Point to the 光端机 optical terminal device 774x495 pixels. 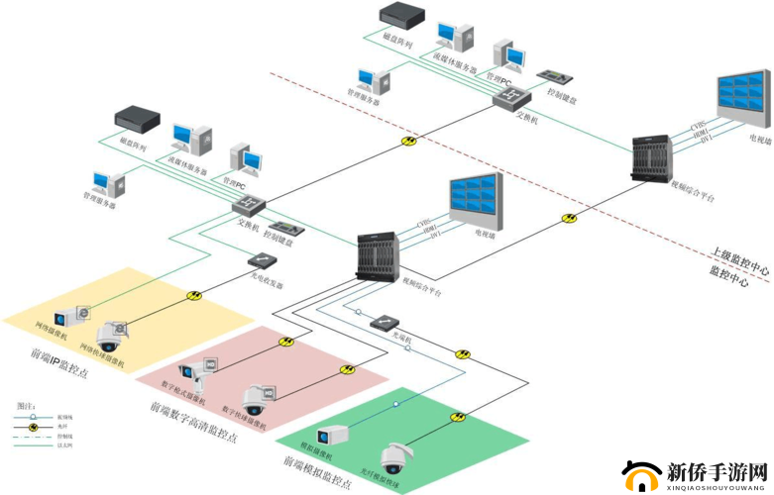pos(386,323)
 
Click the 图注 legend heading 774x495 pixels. pos(27,407)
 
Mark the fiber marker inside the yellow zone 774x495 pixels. pos(194,295)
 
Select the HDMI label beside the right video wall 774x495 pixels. pos(699,132)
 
